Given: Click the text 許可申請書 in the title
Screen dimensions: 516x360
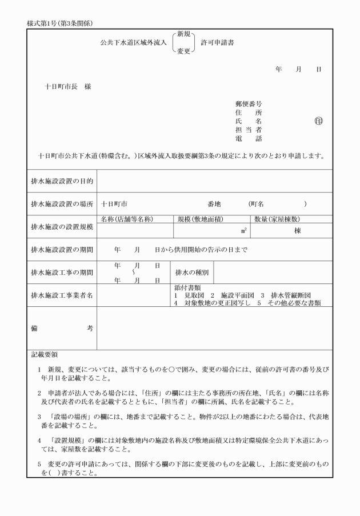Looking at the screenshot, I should point(217,43).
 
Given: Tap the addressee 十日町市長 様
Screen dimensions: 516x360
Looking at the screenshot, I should point(68,87).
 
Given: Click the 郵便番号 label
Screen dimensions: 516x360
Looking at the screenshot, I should point(249,105).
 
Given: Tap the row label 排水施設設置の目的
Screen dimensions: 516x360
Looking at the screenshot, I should point(62,181).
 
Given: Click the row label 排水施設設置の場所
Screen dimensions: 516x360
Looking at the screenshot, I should point(62,203).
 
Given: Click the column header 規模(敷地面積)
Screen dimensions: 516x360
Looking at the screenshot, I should point(201,219).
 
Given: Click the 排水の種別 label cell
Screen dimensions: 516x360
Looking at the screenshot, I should point(192,273).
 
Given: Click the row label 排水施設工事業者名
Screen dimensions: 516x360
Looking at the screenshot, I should point(62,295).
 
